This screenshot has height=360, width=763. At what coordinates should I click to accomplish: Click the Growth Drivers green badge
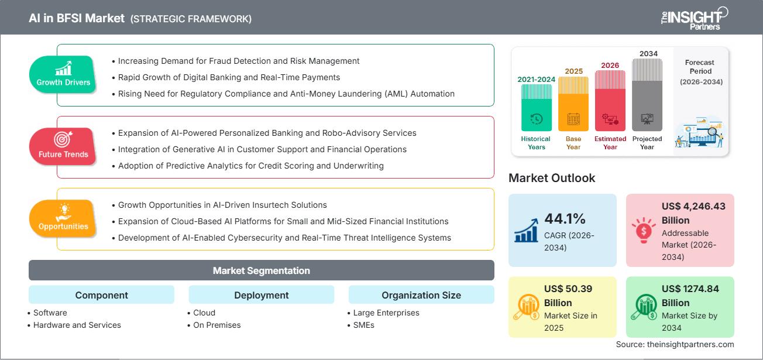click(63, 74)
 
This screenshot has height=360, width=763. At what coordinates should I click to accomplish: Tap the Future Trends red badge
click(63, 146)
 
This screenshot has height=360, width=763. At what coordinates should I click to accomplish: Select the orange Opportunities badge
click(63, 218)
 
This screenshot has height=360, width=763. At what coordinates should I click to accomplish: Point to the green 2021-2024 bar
click(536, 107)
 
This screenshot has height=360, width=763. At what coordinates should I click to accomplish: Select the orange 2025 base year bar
click(573, 104)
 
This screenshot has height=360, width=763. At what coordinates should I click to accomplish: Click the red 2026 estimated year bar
click(610, 100)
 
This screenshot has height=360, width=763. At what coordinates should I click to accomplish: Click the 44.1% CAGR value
click(565, 219)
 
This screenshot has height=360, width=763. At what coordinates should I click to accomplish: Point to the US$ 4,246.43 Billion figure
click(693, 213)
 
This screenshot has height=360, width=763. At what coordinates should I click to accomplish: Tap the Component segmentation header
click(101, 295)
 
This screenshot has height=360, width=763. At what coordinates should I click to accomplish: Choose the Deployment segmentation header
click(261, 295)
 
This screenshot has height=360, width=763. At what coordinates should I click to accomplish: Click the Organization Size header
click(421, 295)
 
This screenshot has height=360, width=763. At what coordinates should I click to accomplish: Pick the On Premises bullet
click(216, 325)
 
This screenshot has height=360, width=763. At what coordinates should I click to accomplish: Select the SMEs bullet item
click(363, 325)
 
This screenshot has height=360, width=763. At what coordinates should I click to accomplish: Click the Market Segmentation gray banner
click(261, 270)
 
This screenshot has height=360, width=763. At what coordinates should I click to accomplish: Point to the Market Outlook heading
click(552, 178)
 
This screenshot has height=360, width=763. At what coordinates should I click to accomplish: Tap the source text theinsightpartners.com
click(675, 344)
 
